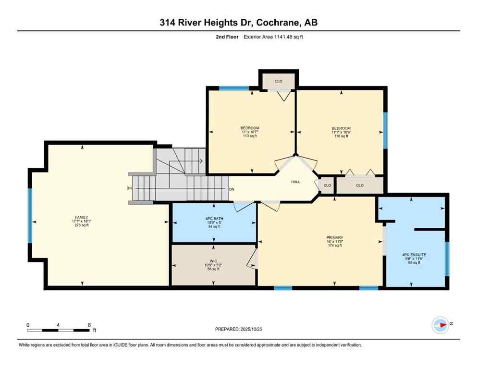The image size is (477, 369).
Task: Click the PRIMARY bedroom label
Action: click(x=334, y=237)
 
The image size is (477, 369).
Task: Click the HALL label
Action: click(x=296, y=182)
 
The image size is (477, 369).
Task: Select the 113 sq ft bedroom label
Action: click(x=250, y=128)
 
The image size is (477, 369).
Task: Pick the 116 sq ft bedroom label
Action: click(x=341, y=128)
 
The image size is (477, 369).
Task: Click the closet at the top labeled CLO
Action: click(x=278, y=81)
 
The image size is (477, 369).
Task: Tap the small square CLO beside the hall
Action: click(x=327, y=185)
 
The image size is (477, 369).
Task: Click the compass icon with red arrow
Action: click(x=440, y=325)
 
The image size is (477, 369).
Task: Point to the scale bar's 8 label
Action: click(x=89, y=325)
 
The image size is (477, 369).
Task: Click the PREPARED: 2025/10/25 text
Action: click(x=239, y=329)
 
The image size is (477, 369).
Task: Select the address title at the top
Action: click(x=238, y=23)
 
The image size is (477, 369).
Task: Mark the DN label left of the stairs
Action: click(x=129, y=188)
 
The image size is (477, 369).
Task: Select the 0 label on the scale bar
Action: click(x=28, y=325)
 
